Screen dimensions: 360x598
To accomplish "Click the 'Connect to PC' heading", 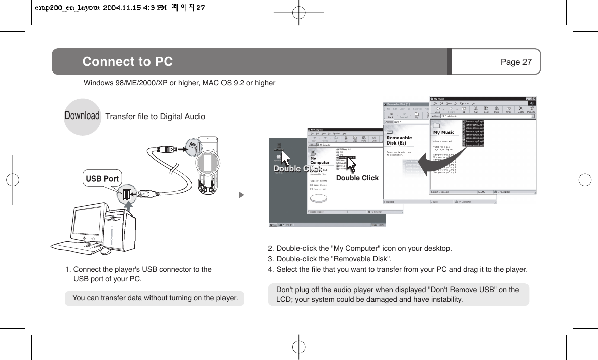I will (127, 62).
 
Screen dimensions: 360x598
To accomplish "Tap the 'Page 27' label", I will (516, 62).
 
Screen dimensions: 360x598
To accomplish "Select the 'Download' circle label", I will (82, 116).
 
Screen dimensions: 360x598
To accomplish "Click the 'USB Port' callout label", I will (102, 178).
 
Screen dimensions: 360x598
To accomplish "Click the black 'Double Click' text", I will (357, 178).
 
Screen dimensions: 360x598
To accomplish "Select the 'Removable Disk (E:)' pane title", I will (399, 140).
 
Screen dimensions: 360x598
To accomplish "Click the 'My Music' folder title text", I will (443, 132).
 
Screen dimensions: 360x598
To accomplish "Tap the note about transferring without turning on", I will (155, 298).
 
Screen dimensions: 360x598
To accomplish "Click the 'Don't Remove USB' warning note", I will (398, 295).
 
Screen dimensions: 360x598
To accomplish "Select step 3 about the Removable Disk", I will (330, 259).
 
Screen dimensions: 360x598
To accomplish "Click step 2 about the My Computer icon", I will (360, 248).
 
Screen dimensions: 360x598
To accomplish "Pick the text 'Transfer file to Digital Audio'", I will (155, 117).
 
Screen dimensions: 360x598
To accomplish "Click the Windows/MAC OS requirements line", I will (179, 82).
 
